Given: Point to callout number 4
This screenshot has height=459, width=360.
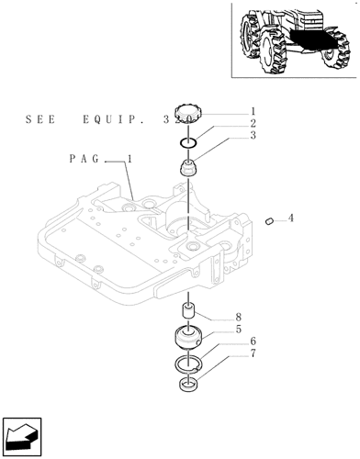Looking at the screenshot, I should point(291,218).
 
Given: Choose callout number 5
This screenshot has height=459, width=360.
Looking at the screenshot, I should point(238,329).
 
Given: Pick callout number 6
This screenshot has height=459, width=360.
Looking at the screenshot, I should point(252,341).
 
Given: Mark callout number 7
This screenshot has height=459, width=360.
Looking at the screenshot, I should point(252,353).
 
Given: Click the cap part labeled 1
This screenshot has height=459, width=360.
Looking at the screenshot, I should point(186,118).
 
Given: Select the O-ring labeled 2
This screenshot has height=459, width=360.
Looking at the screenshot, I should point(187,142).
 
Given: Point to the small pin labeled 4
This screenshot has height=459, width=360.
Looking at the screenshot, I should point(269,220).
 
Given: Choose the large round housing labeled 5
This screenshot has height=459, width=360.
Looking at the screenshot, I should point(189,341).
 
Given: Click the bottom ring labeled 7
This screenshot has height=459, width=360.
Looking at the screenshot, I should point(189,383).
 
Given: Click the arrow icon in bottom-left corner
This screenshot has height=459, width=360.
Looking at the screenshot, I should point(22,433).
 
